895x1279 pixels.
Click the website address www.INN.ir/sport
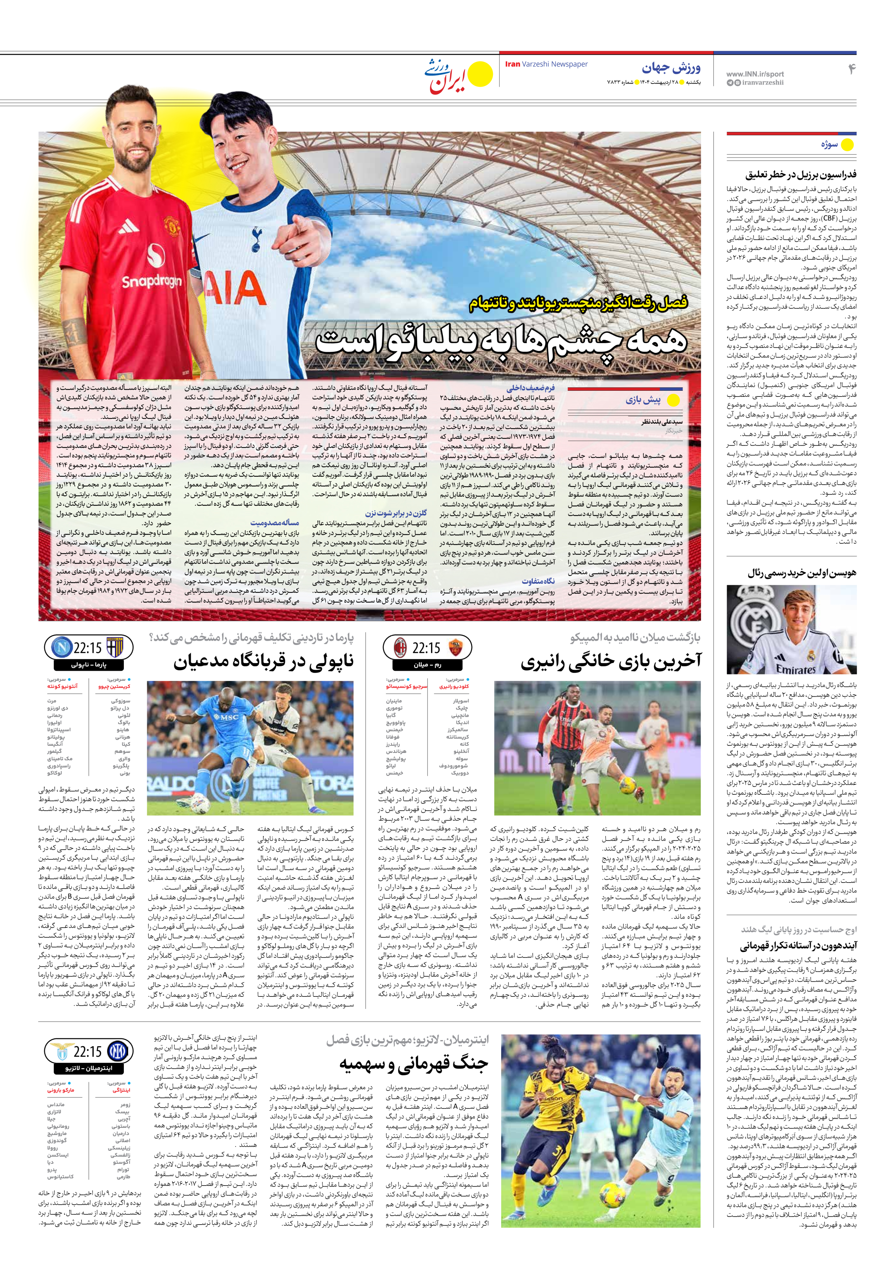[755, 73]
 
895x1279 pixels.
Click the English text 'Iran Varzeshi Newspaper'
[546, 64]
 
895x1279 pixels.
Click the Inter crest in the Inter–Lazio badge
[117, 1052]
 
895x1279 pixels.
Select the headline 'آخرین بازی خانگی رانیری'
[611, 661]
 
